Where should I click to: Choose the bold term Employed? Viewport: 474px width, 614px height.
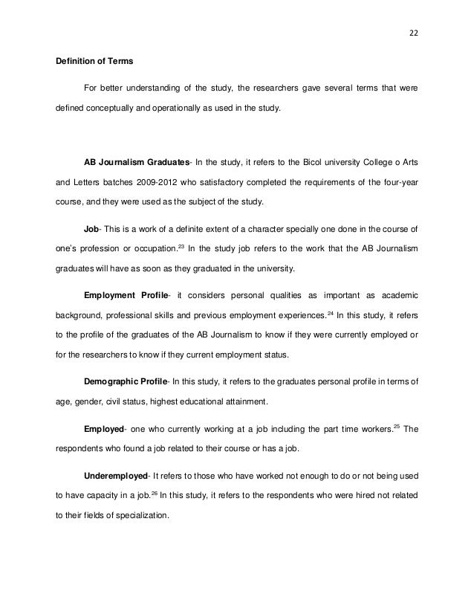click(x=104, y=429)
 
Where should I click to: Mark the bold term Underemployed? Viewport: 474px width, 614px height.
click(x=117, y=475)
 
